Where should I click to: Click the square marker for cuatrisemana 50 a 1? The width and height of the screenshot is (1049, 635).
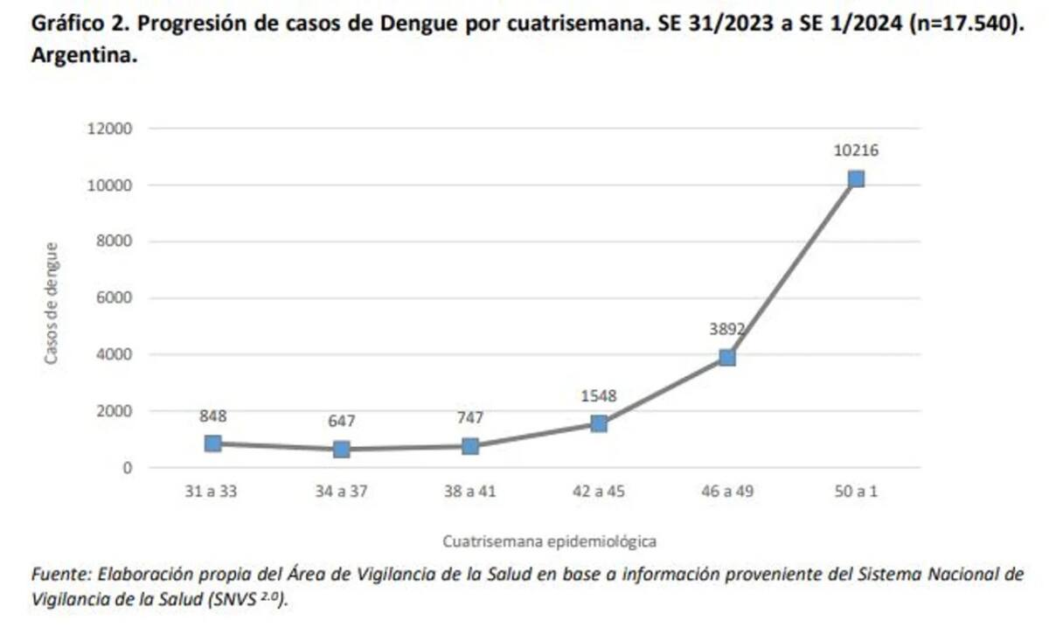(x=856, y=179)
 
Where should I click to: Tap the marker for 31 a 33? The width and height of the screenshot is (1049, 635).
(x=212, y=443)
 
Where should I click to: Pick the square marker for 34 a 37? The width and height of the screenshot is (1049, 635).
(x=341, y=450)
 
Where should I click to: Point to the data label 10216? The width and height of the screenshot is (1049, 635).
(x=856, y=150)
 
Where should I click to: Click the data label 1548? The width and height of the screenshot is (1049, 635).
(x=598, y=396)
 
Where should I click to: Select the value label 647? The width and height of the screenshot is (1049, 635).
(x=341, y=422)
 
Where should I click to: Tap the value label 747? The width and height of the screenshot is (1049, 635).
(x=469, y=418)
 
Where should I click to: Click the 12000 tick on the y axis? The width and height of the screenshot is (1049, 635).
(x=110, y=129)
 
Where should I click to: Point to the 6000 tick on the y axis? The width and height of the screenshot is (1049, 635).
(x=115, y=298)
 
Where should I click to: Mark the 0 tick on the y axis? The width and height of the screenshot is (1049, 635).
(x=127, y=468)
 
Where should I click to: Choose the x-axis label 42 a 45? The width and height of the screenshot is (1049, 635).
(x=598, y=492)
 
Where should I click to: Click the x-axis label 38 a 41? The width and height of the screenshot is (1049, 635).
(x=469, y=492)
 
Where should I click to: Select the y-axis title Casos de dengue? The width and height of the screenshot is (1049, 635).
(x=52, y=303)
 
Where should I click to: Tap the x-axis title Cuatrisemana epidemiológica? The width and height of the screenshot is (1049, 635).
(x=549, y=541)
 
